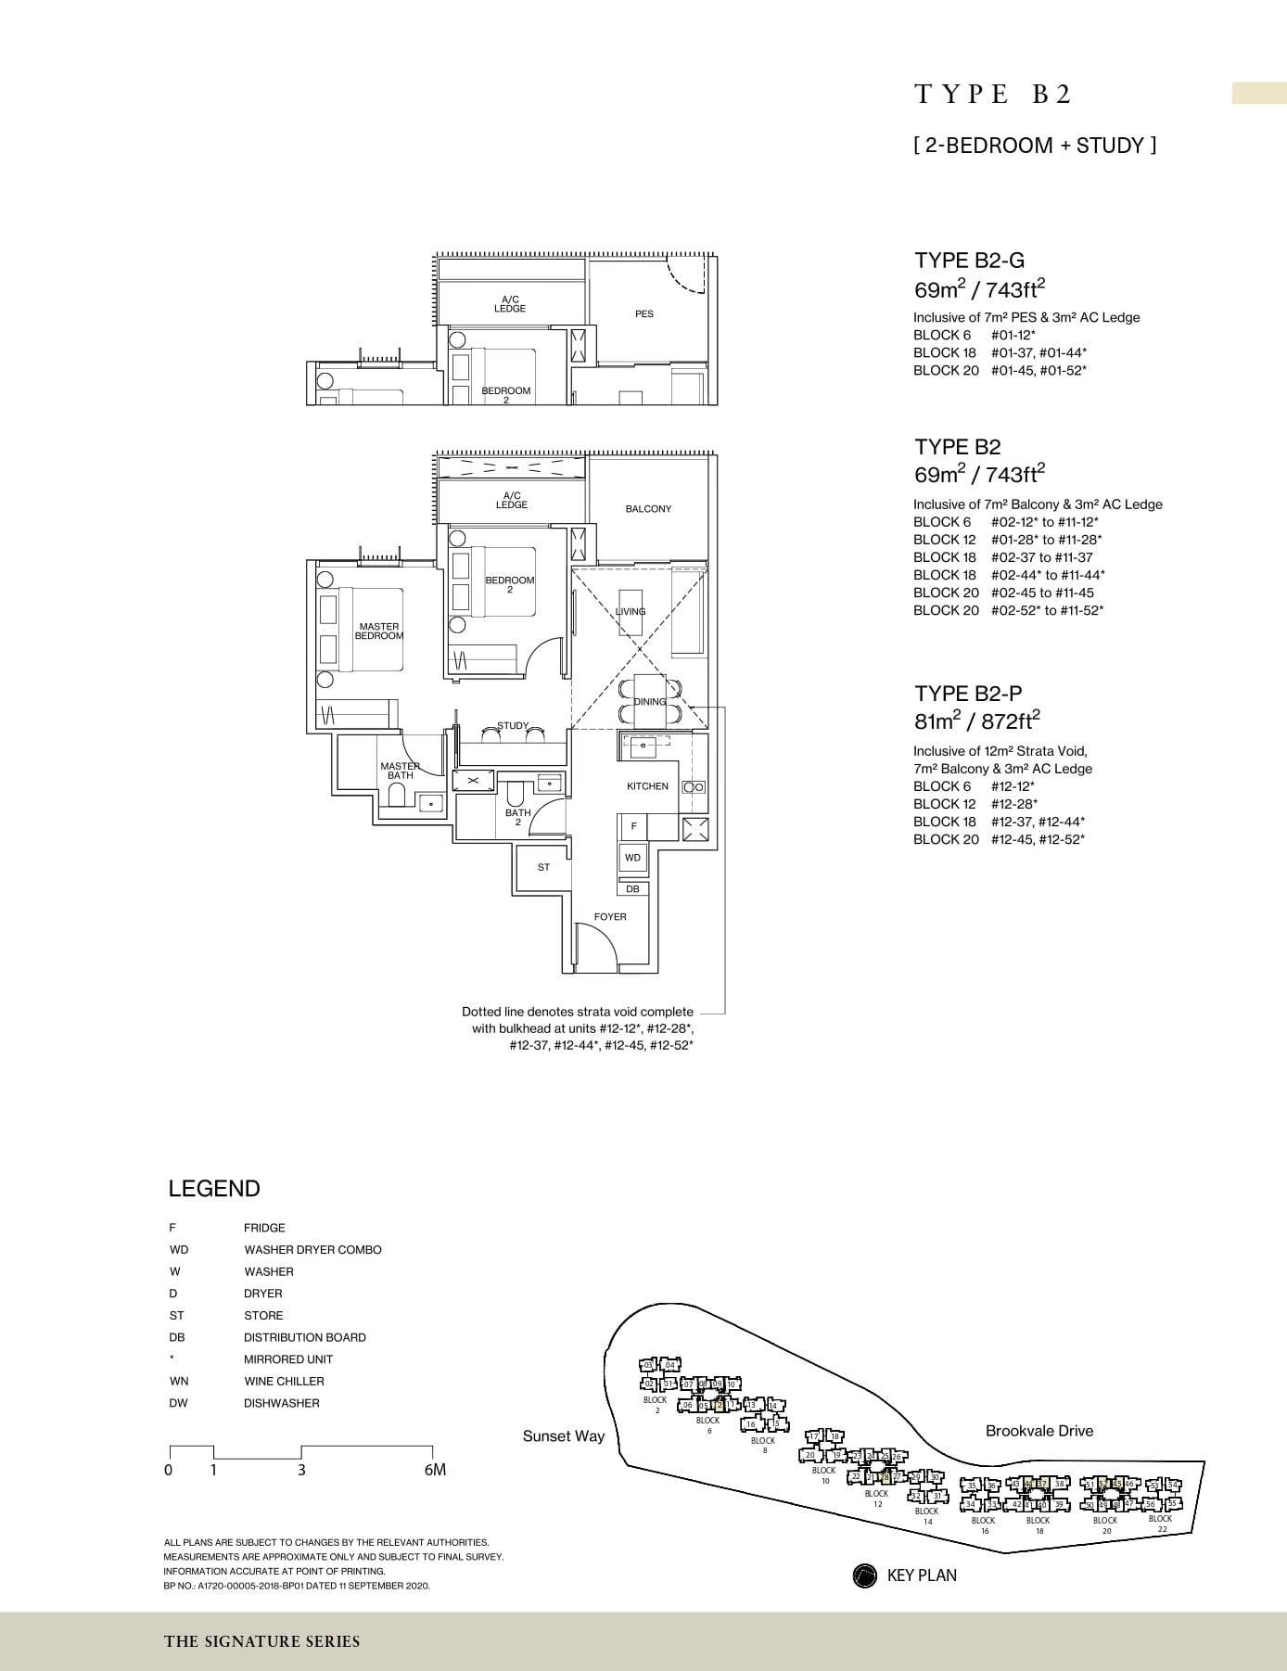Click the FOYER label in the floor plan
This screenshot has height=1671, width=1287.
[610, 917]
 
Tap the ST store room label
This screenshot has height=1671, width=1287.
[543, 868]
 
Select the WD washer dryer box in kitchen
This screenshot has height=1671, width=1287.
[632, 858]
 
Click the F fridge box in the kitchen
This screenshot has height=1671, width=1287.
[634, 826]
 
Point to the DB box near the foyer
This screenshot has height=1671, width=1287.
[632, 889]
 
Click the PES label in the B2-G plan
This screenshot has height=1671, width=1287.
[644, 314]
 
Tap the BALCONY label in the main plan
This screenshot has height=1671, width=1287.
[648, 509]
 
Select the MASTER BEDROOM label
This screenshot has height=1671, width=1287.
[379, 631]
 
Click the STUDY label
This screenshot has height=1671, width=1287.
[513, 726]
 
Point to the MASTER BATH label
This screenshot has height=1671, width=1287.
[401, 771]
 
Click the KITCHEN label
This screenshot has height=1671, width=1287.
[647, 786]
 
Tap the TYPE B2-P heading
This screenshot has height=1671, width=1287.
[969, 694]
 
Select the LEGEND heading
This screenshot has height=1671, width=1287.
[214, 1189]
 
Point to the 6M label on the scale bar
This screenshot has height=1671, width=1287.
[435, 1471]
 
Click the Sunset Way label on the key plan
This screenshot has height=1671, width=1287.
[563, 1436]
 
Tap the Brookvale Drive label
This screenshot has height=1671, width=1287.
[1039, 1431]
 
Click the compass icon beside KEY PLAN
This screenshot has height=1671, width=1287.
[864, 1575]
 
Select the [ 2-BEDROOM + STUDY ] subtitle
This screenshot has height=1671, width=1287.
[1035, 146]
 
